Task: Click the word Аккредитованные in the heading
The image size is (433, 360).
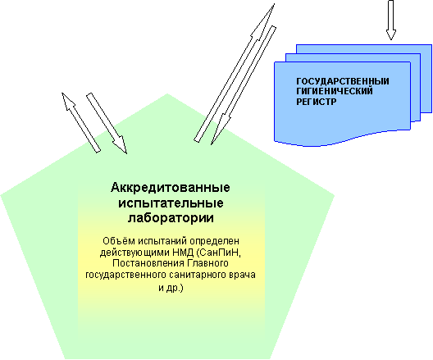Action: [171, 188]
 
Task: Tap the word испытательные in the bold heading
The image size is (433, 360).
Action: [171, 203]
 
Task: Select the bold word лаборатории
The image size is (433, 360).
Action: [171, 218]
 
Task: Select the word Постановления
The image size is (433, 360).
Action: [149, 263]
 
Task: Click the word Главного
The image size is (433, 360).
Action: [208, 263]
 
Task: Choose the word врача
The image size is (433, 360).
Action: [243, 276]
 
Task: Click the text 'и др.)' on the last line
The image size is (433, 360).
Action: [171, 288]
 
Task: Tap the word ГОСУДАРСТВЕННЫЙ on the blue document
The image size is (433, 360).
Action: [343, 81]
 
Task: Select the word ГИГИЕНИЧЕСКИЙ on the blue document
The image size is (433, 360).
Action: [335, 91]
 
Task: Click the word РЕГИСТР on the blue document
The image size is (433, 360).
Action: [317, 102]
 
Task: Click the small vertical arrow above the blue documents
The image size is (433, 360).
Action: [390, 20]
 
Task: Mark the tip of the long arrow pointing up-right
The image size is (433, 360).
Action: [274, 4]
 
